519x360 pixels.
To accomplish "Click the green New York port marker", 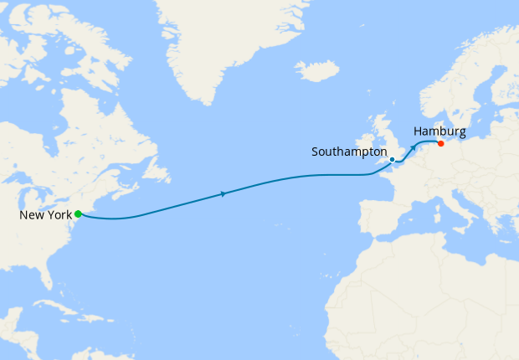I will (78, 214).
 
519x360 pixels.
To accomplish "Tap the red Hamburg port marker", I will (441, 143).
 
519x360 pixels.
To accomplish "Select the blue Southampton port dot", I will (392, 159).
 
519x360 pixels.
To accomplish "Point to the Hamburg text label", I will (439, 131).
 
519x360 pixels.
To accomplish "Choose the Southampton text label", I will (348, 152).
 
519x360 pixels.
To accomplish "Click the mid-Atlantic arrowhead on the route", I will (224, 194).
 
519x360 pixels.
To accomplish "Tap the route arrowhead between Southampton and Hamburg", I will (413, 147).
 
